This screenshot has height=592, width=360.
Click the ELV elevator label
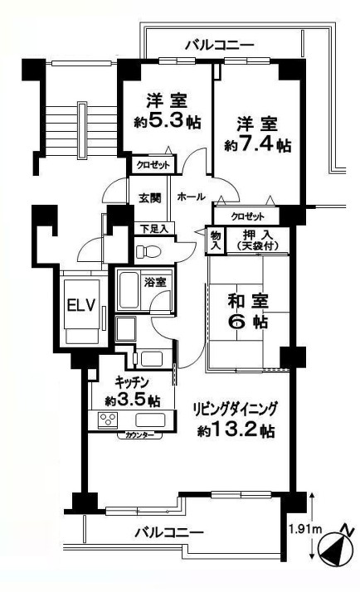[x=80, y=305]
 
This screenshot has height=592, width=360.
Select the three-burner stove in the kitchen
[x=108, y=420]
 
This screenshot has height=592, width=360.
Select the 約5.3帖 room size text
[x=168, y=121]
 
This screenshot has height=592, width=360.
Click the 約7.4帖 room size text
[x=258, y=143]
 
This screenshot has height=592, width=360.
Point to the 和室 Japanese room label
[x=248, y=301]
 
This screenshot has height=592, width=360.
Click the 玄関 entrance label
[x=150, y=198]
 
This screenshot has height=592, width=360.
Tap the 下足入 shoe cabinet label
[x=154, y=229]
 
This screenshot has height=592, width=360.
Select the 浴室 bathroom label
[x=155, y=282]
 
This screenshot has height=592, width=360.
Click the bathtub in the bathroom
[x=128, y=290]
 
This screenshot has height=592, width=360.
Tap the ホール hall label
[x=191, y=197]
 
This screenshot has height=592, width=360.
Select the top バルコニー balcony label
[x=220, y=46]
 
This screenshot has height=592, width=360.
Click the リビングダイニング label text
[x=236, y=410]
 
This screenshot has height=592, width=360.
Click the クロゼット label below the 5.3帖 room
[x=153, y=165]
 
